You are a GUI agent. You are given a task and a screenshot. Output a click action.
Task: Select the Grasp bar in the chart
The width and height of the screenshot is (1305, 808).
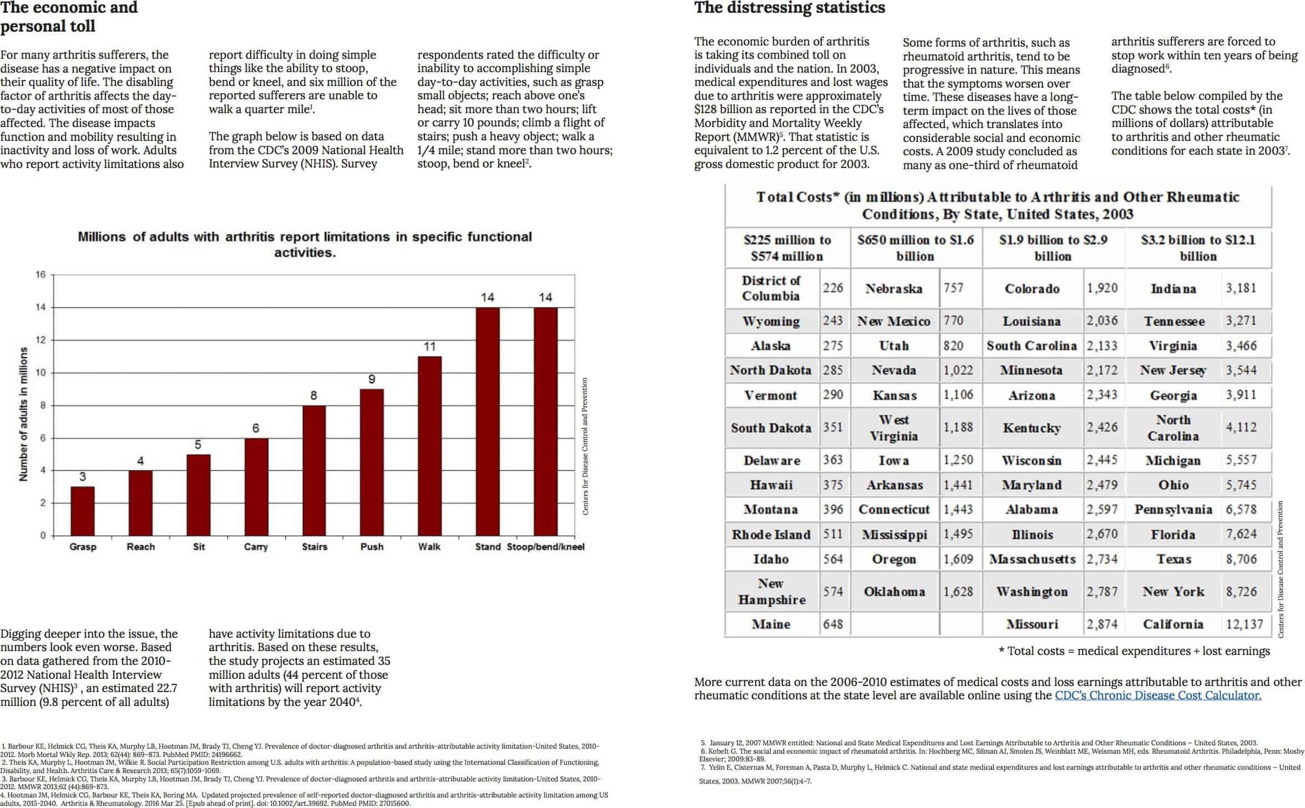[83, 511]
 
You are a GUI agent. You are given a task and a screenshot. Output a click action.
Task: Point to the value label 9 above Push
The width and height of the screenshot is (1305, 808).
[372, 379]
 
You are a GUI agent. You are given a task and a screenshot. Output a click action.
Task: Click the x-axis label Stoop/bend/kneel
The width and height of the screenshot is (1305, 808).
[545, 547]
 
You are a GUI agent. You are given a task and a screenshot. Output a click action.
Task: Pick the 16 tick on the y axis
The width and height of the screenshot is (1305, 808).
[41, 275]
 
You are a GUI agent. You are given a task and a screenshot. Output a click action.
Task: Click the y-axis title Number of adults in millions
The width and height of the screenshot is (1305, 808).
[23, 414]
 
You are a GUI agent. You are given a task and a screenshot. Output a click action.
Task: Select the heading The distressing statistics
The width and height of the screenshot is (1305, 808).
[790, 8]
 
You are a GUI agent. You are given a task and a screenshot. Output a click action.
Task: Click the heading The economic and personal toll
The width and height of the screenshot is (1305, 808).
[69, 17]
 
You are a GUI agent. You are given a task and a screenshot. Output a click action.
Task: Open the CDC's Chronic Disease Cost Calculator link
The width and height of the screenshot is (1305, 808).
[1158, 695]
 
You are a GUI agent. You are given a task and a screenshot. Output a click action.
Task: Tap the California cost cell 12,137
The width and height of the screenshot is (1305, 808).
[1245, 624]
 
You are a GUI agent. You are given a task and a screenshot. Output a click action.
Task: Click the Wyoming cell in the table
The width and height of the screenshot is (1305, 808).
[771, 322]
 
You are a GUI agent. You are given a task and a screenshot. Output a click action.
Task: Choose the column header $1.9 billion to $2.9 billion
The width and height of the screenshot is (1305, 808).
[1053, 248]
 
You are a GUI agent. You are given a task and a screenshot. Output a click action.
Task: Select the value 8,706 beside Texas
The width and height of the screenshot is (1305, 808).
[1241, 559]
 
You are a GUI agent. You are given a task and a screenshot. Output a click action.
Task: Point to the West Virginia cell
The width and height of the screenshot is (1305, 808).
[893, 428]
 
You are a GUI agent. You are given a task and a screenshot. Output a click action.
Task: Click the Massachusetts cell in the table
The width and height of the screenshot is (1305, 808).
[1032, 559]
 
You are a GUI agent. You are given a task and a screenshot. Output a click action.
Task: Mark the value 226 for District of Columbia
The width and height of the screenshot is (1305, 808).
[833, 288]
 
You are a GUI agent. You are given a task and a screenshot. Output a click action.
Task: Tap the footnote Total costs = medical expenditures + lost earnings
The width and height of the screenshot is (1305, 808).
[1134, 651]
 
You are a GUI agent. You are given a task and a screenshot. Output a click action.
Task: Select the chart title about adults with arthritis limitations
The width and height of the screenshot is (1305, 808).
[305, 245]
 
